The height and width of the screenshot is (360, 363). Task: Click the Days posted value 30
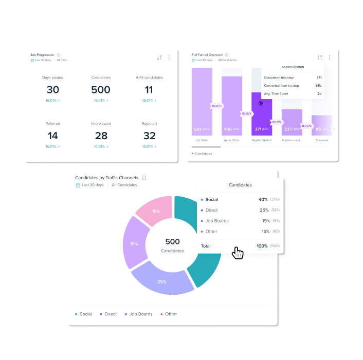pyautogui.click(x=53, y=90)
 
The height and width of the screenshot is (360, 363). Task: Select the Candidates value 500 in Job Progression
pyautogui.click(x=101, y=90)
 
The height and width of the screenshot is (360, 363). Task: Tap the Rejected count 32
pyautogui.click(x=150, y=136)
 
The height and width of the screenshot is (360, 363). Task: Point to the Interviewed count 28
pyautogui.click(x=101, y=136)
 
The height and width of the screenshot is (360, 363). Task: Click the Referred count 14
pyautogui.click(x=53, y=136)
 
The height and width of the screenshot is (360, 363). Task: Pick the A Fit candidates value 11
pyautogui.click(x=149, y=90)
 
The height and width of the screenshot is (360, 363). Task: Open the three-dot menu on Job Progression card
pyautogui.click(x=169, y=58)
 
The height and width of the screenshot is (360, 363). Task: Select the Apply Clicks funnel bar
pyautogui.click(x=232, y=103)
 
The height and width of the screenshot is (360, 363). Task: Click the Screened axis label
pyautogui.click(x=322, y=140)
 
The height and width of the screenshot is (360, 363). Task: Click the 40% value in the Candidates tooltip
pyautogui.click(x=263, y=199)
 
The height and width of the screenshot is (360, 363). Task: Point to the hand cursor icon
pyautogui.click(x=237, y=252)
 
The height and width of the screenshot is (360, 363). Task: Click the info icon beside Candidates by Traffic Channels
pyautogui.click(x=144, y=178)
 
